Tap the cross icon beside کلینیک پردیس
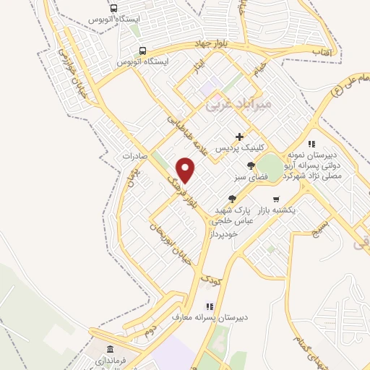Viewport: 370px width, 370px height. point(240,137)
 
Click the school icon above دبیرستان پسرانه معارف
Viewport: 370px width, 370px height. point(210,306)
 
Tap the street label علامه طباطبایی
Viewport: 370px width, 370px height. point(186,132)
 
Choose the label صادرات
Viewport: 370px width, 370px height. point(134,155)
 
